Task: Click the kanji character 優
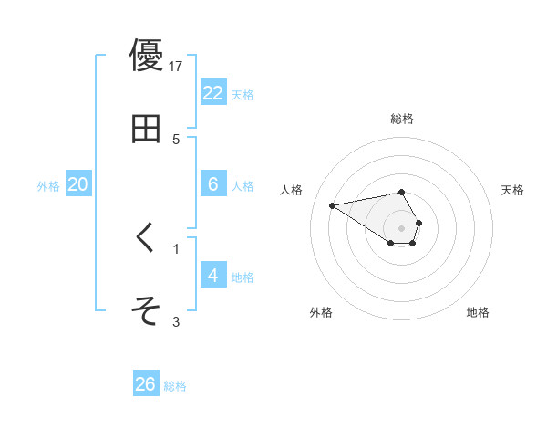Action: click(x=146, y=56)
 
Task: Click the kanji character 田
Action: click(x=146, y=129)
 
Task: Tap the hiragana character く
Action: click(x=146, y=238)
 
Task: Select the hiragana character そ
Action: click(x=146, y=311)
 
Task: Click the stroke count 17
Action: click(x=176, y=66)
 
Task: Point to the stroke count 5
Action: click(x=176, y=139)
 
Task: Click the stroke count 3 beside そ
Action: click(x=176, y=321)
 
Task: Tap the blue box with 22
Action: click(x=212, y=93)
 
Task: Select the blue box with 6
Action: click(x=212, y=184)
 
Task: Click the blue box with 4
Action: click(x=212, y=276)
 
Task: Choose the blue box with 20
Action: click(x=77, y=184)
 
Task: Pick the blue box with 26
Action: click(x=146, y=384)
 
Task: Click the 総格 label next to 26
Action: click(x=175, y=386)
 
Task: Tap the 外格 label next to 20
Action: click(x=48, y=186)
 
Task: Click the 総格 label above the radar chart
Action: click(x=401, y=119)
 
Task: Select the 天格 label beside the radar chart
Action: click(x=513, y=190)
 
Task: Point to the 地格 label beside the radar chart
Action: click(x=478, y=312)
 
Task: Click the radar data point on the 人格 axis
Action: click(x=333, y=204)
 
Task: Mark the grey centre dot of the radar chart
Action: click(x=401, y=227)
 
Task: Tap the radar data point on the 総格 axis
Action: click(x=401, y=192)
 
